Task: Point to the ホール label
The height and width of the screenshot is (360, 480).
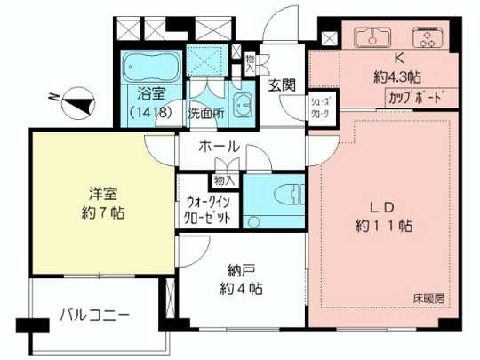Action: click(218, 146)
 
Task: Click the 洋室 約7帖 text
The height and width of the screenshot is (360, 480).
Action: click(102, 202)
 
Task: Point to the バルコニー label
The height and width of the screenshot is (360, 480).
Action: click(95, 314)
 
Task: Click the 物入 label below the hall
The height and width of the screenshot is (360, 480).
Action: click(225, 179)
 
